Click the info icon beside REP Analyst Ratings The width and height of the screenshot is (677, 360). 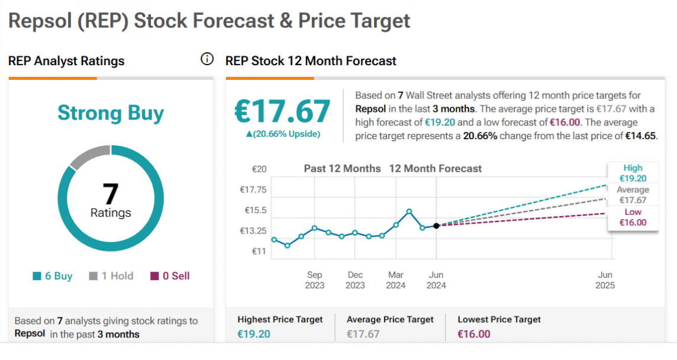pos(207,59)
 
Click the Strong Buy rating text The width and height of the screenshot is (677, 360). pos(111,112)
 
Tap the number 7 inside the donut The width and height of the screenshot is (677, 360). pos(111,194)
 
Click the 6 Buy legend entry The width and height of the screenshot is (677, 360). pos(53,276)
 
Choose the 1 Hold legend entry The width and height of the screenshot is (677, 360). pos(111,276)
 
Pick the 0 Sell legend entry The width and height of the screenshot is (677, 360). pos(170,276)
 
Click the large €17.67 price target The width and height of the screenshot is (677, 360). pos(283,111)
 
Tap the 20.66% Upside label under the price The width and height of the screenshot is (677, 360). pos(283,134)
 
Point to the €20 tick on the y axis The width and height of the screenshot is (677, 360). pos(259,169)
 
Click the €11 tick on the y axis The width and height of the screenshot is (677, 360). pos(259,251)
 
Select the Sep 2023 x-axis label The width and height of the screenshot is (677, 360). pos(314,279)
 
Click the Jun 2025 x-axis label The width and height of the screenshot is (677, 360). pos(605,279)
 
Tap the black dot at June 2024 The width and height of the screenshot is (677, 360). pos(436,226)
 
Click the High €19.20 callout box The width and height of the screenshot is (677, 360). pos(632,173)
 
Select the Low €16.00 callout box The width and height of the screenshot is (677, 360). pos(632,217)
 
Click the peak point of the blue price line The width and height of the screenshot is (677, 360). pos(409,211)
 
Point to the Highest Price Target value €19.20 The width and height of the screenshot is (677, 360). pos(254,334)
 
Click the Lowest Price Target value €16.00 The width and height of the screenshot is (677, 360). pos(474,334)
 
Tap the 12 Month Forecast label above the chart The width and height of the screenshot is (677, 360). pos(435,169)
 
